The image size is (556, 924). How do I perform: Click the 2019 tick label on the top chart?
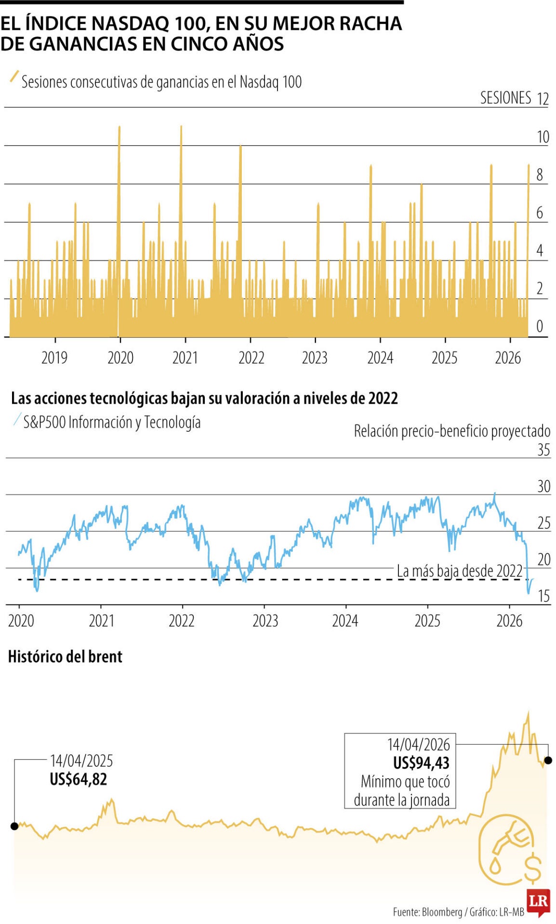point(54,358)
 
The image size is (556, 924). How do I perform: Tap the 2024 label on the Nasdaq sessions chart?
point(380,358)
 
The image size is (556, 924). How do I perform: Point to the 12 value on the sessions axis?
point(543,99)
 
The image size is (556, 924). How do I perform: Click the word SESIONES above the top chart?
point(505,98)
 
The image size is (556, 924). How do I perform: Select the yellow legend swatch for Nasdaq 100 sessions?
point(14,77)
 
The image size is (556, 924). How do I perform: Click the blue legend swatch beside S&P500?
point(18,420)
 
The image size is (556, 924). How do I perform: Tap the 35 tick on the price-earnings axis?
point(543,449)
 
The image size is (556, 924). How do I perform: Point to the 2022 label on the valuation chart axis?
point(181,620)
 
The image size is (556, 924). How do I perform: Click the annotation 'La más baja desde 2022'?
point(459,571)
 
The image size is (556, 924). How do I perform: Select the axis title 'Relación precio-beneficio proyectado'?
point(452,431)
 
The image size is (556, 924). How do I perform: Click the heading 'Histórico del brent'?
point(66,656)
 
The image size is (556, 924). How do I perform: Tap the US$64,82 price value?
point(79,779)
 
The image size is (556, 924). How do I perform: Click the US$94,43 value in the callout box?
point(421,763)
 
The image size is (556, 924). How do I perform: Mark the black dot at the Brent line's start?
point(14,826)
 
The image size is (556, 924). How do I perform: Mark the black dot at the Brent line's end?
point(548,760)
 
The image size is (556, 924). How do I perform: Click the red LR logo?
point(539,901)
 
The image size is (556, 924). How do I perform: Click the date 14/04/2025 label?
point(81,761)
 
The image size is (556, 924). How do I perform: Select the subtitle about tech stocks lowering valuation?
point(204,398)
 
